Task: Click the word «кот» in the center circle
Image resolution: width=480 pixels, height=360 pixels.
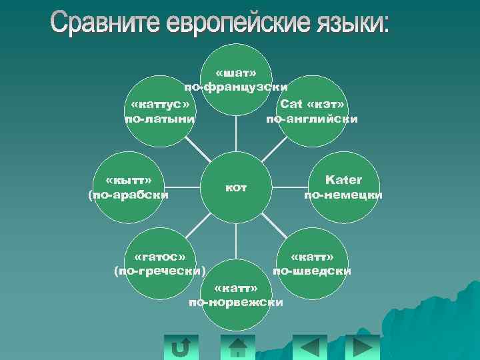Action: pos(236,188)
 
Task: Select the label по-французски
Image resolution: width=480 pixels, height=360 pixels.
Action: pos(236,87)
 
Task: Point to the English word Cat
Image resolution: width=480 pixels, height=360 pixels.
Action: pos(291,104)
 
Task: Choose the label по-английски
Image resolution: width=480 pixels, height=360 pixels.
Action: pos(312,119)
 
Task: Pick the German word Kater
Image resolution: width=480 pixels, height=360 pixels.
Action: pos(343,180)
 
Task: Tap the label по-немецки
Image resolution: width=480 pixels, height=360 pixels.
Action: pos(343,195)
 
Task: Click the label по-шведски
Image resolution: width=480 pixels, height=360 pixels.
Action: pos(312,271)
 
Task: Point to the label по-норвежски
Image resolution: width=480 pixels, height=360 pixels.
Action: pos(236,303)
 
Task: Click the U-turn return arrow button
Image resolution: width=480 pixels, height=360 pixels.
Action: pos(180,347)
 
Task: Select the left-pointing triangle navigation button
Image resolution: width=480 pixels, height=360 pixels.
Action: pos(310,347)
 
